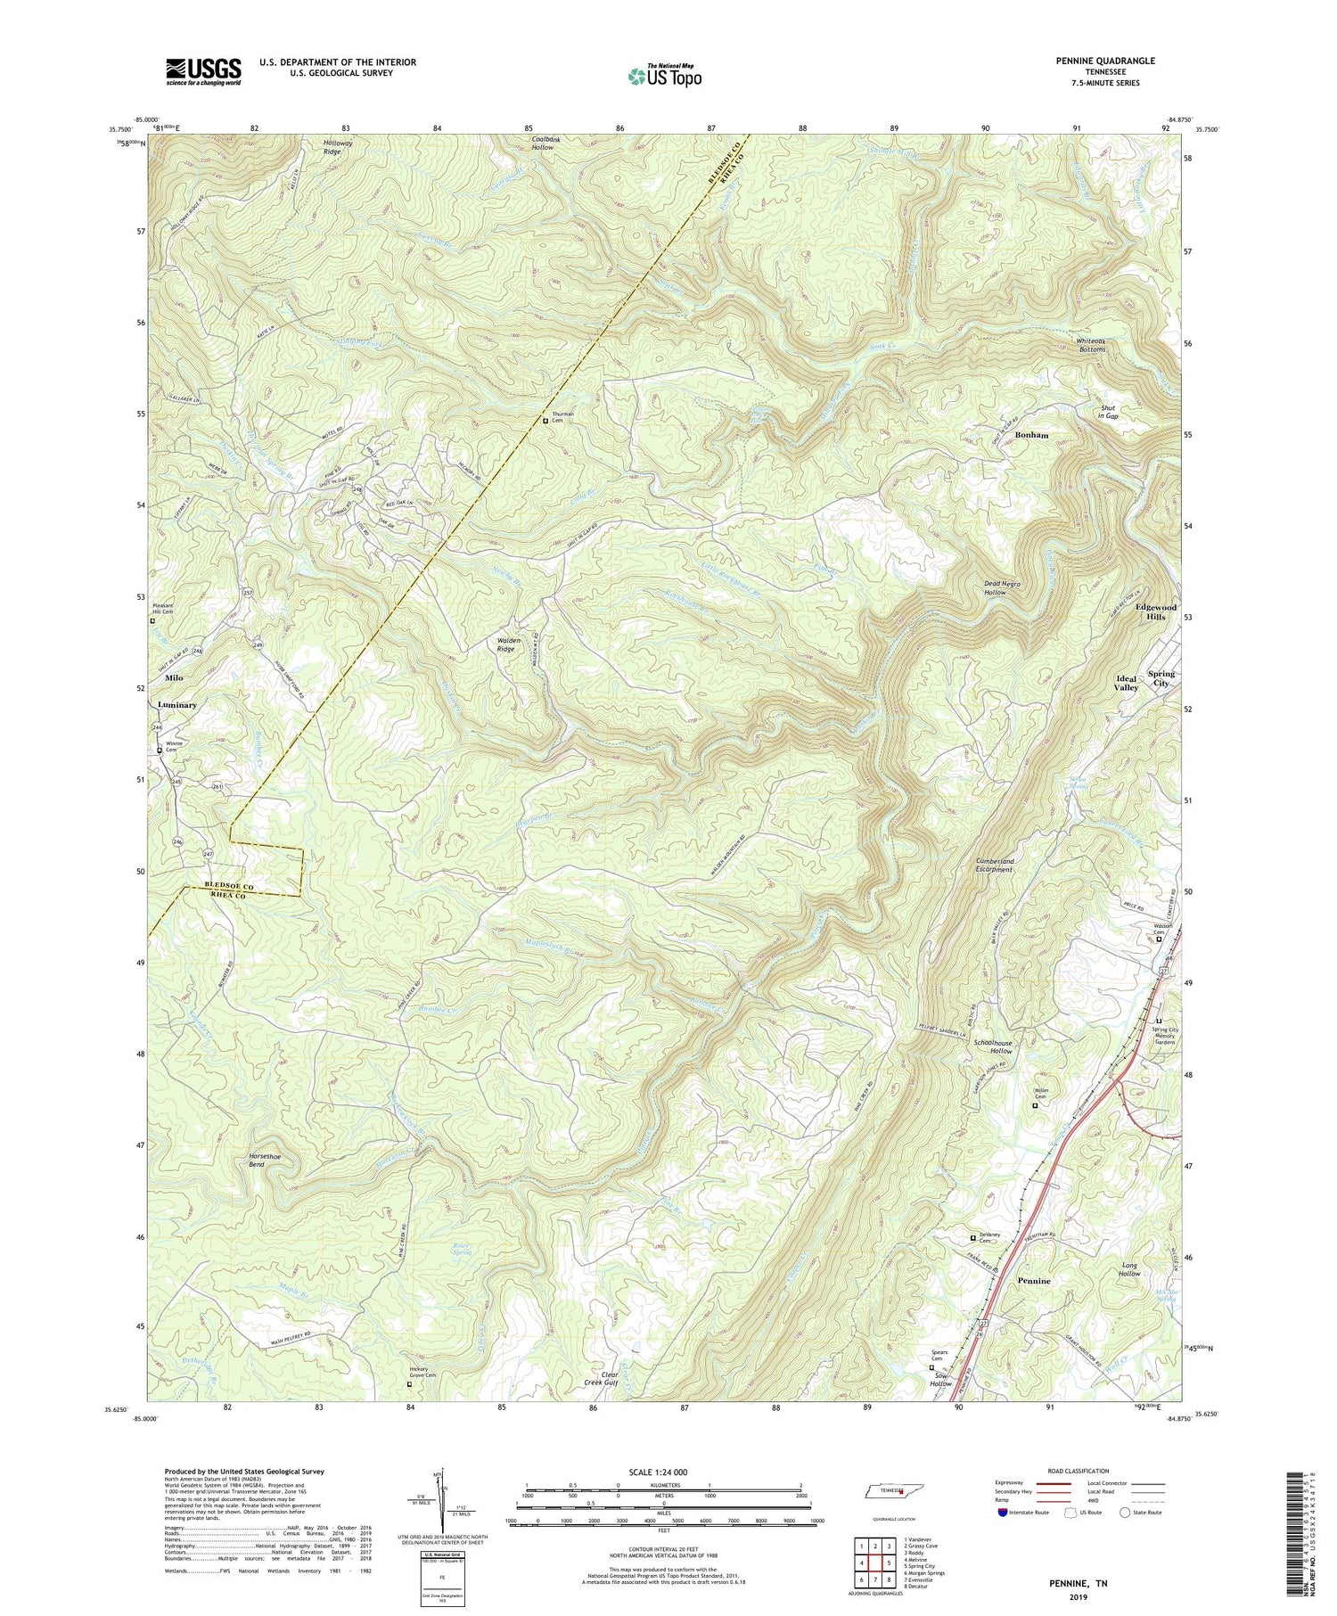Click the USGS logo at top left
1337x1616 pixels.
pyautogui.click(x=203, y=71)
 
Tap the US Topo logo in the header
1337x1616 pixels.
pyautogui.click(x=664, y=76)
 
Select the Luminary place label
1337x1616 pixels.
pyautogui.click(x=176, y=704)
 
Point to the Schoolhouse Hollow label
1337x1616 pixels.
pyautogui.click(x=995, y=1046)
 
